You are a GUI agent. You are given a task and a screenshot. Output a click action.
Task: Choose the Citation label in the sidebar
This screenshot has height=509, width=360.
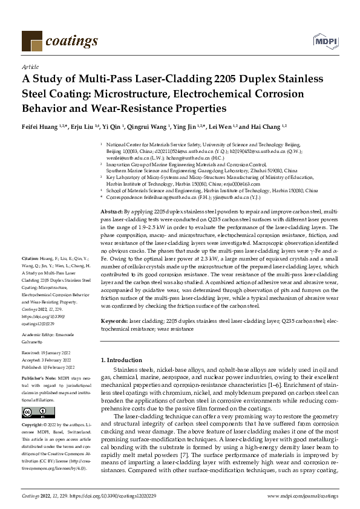tap(30, 274)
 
